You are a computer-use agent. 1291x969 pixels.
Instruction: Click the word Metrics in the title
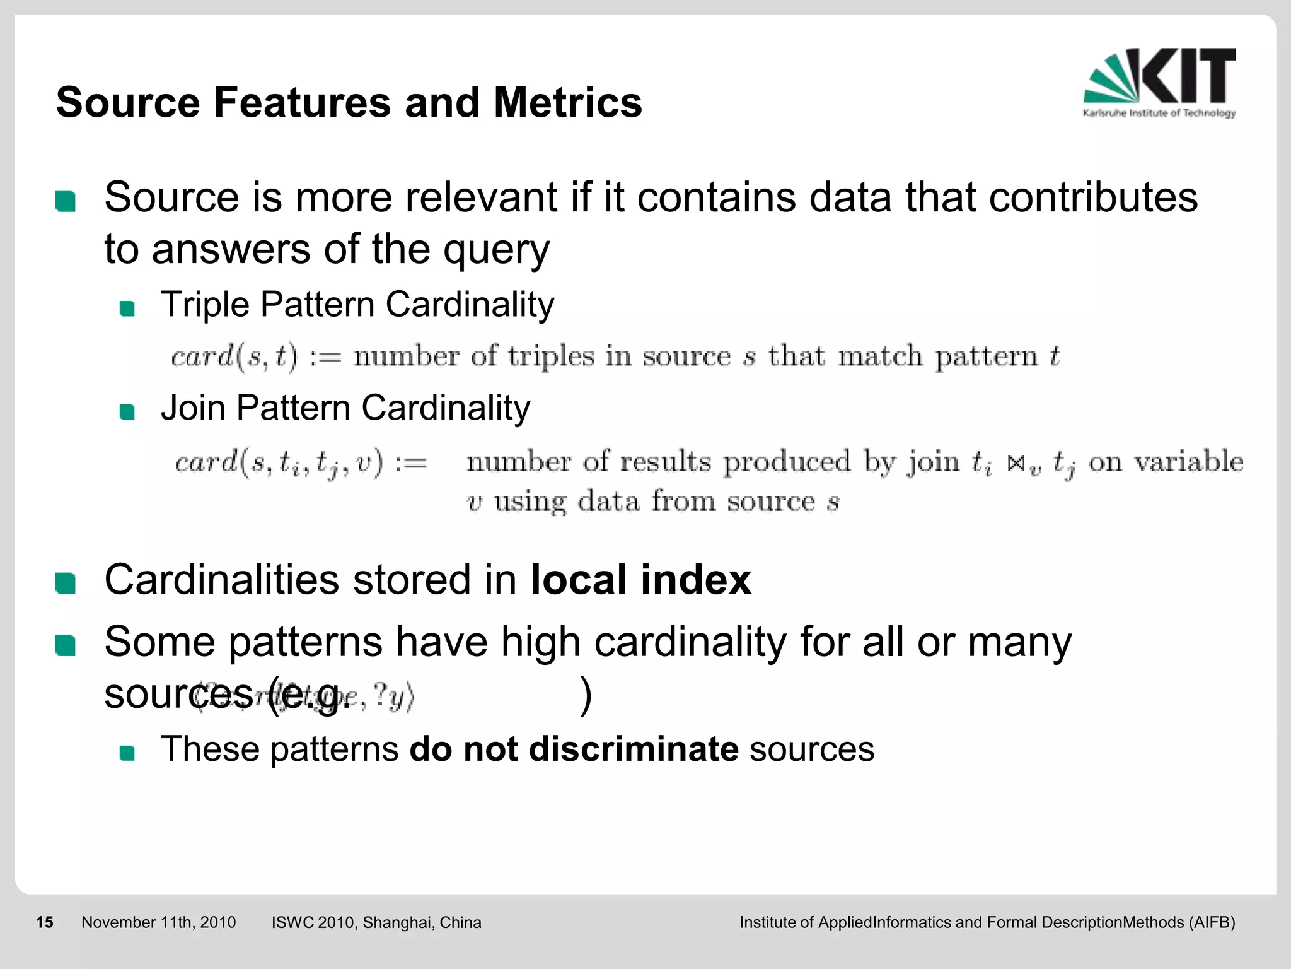(x=567, y=103)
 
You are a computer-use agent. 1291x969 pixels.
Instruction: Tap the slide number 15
(x=44, y=922)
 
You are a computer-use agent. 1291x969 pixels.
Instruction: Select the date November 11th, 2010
(x=158, y=922)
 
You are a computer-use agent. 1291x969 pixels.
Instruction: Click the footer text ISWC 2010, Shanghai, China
(x=376, y=922)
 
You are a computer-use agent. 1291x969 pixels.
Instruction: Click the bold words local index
(x=640, y=580)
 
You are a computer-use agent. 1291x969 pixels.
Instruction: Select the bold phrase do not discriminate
(x=574, y=749)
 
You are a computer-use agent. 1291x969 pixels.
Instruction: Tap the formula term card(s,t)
(x=234, y=357)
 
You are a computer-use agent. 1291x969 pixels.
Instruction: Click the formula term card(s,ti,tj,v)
(x=278, y=462)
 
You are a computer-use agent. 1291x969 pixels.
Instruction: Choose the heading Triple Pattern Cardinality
(x=357, y=305)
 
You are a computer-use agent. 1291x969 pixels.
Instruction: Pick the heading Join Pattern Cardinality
(x=345, y=408)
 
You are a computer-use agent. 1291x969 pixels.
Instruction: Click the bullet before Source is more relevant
(x=66, y=201)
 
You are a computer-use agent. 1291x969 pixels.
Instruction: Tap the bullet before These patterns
(x=127, y=753)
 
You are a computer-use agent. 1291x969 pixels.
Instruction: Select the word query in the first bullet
(x=496, y=250)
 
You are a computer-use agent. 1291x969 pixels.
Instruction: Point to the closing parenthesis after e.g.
(x=586, y=695)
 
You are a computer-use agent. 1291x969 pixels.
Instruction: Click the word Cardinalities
(x=221, y=580)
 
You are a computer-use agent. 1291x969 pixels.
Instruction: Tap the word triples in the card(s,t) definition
(x=551, y=357)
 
